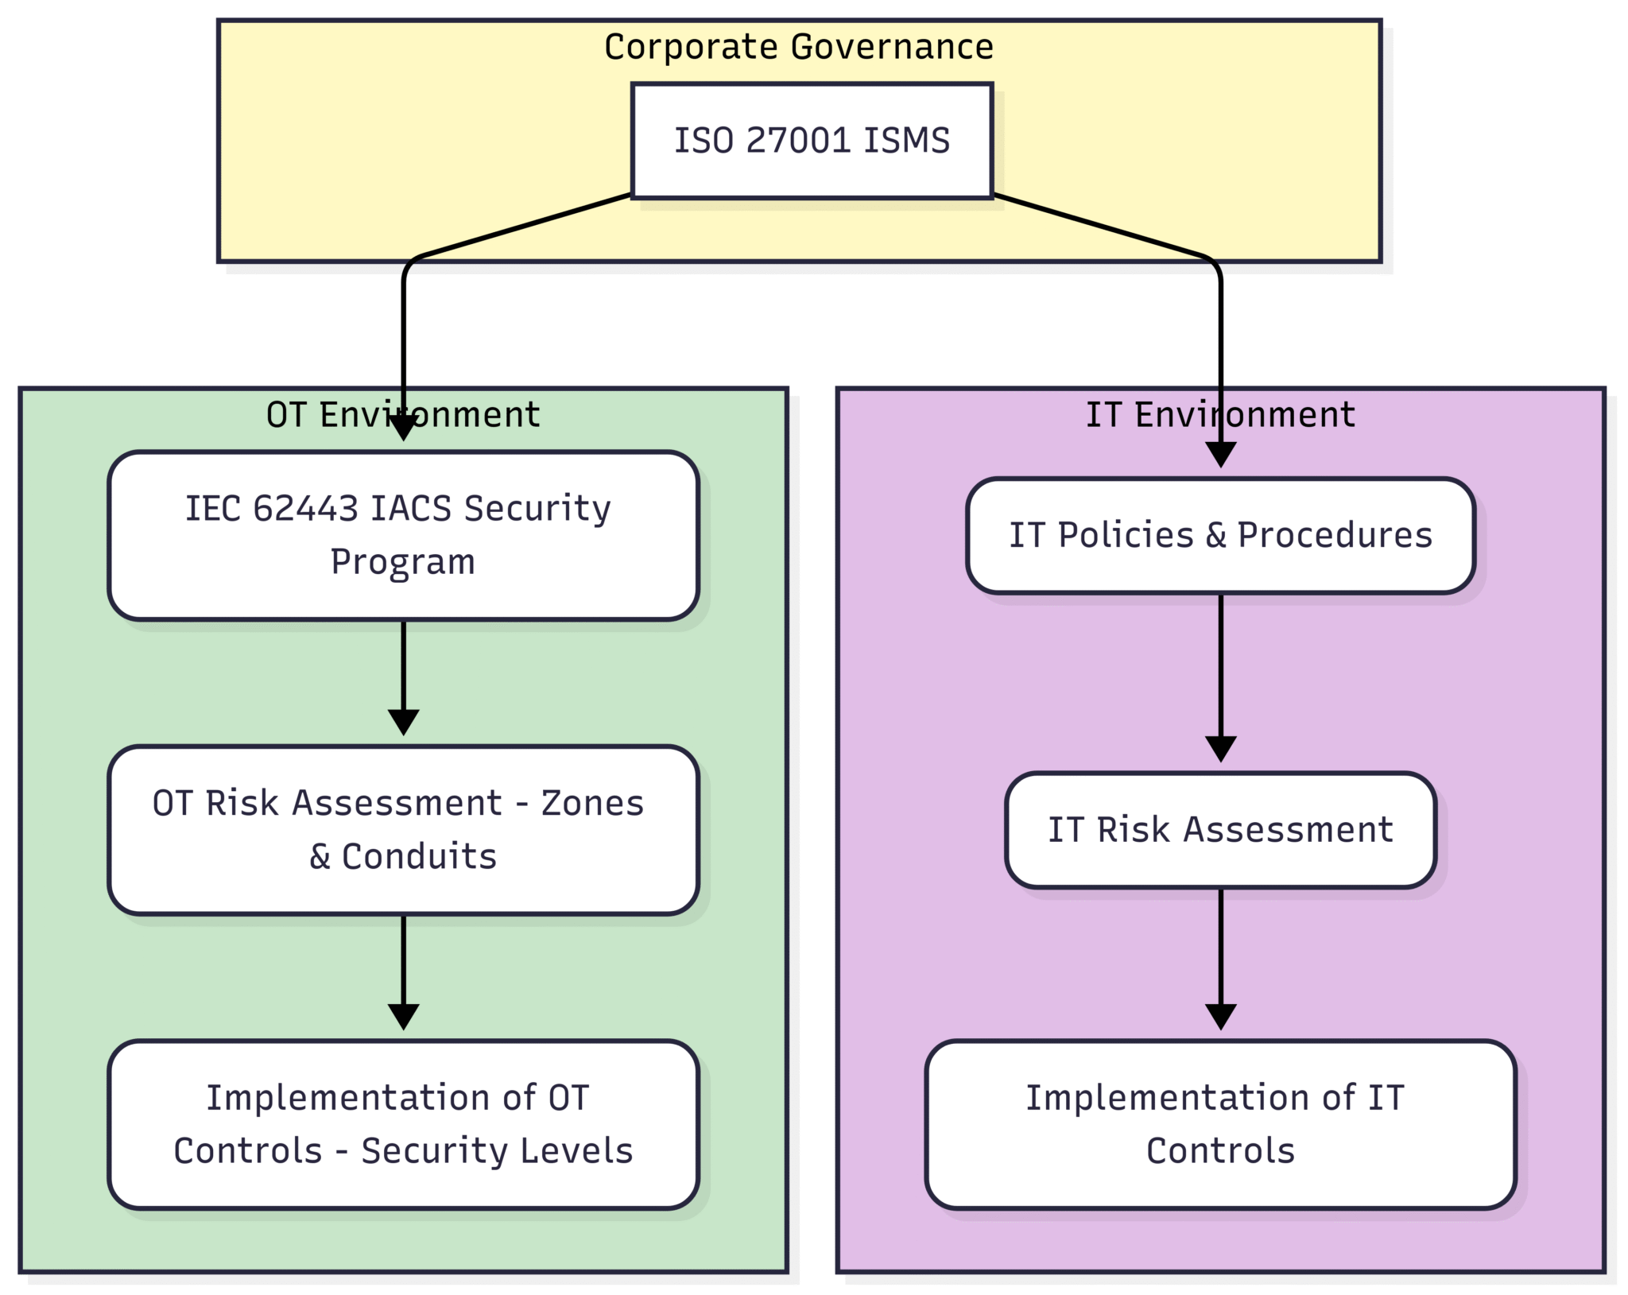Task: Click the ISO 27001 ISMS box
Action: pyautogui.click(x=812, y=141)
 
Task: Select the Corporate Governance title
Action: pyautogui.click(x=798, y=47)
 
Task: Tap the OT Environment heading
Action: pyautogui.click(x=403, y=415)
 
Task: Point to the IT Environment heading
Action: pyautogui.click(x=1220, y=415)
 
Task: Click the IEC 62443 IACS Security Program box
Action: pyautogui.click(x=403, y=535)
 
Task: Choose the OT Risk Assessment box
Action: pyautogui.click(x=403, y=829)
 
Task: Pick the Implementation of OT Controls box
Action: pyautogui.click(x=403, y=1124)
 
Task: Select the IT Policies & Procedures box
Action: pyautogui.click(x=1220, y=535)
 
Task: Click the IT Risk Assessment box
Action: pyautogui.click(x=1220, y=829)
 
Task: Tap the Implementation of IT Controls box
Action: pyautogui.click(x=1220, y=1124)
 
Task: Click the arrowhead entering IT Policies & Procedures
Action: pyautogui.click(x=1220, y=456)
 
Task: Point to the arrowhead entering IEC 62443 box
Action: pyautogui.click(x=403, y=428)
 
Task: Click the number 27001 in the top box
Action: pyautogui.click(x=799, y=141)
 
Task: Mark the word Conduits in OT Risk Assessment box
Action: pyautogui.click(x=419, y=857)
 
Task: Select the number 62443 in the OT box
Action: pyautogui.click(x=305, y=509)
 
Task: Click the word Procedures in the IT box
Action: pyautogui.click(x=1335, y=535)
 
